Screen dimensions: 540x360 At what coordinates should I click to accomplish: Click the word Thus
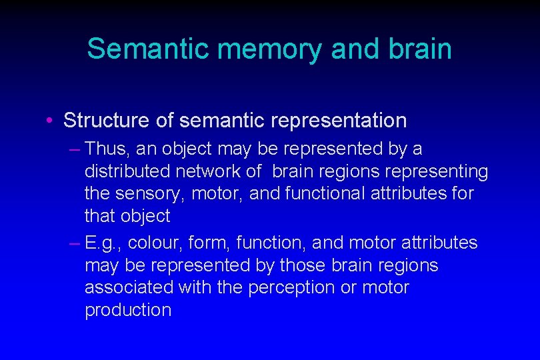coord(105,148)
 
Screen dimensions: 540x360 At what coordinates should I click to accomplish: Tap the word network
coord(209,171)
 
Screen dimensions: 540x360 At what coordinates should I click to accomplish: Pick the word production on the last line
coord(128,310)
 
